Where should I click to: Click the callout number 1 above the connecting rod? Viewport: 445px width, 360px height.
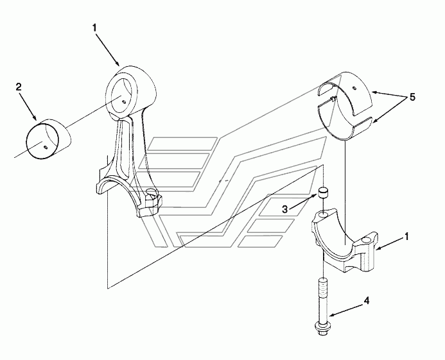point(94,28)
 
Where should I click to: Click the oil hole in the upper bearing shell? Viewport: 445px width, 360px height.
point(354,86)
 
